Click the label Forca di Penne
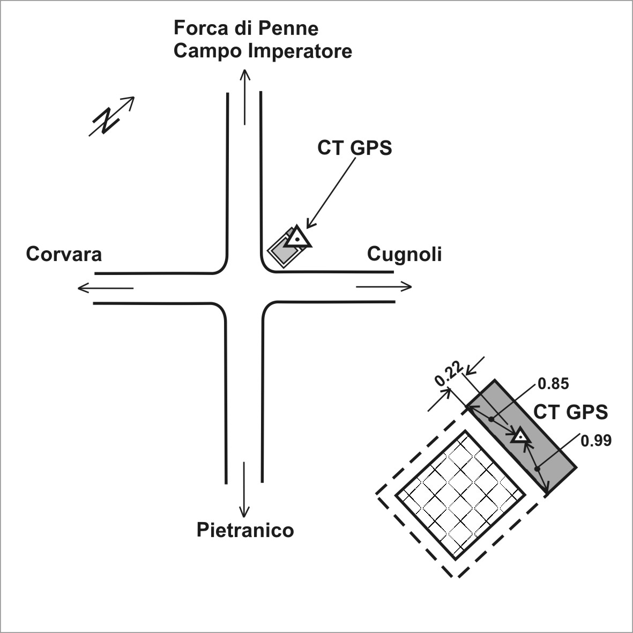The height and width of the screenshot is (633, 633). click(x=246, y=28)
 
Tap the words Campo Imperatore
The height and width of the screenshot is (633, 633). click(x=263, y=51)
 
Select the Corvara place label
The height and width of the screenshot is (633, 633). click(x=64, y=255)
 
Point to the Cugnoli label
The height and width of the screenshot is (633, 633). click(x=404, y=255)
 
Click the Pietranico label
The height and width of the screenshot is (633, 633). click(x=245, y=530)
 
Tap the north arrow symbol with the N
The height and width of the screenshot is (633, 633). click(x=111, y=117)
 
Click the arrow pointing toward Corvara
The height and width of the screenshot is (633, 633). click(x=106, y=288)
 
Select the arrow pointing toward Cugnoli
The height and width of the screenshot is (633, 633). click(x=384, y=287)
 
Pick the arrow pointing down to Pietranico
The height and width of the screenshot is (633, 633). click(x=244, y=489)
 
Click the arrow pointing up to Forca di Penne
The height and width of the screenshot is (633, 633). click(x=244, y=97)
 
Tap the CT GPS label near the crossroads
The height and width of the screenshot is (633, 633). click(x=354, y=148)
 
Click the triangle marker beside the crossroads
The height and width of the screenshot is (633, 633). click(x=297, y=237)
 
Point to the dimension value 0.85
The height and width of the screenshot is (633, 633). click(x=554, y=384)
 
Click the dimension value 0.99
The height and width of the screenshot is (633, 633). click(x=596, y=441)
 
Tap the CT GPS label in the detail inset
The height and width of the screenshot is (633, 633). click(x=570, y=412)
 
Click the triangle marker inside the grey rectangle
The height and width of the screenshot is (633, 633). click(x=520, y=436)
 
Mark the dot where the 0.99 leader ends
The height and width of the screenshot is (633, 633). click(x=537, y=468)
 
